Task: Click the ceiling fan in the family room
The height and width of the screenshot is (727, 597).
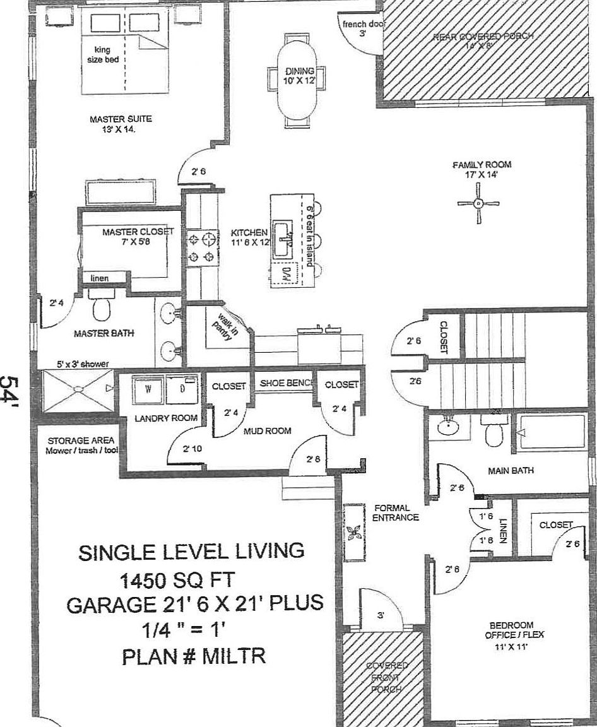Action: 478,203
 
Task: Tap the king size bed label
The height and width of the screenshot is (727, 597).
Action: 102,54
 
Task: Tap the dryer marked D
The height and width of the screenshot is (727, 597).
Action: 182,389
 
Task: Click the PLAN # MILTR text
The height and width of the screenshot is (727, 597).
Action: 193,656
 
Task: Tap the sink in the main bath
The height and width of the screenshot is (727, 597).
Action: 449,427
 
